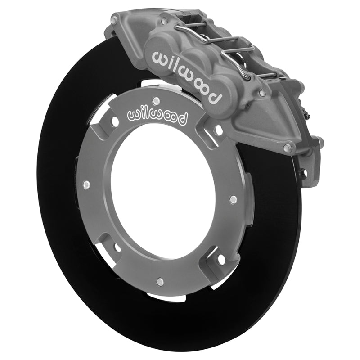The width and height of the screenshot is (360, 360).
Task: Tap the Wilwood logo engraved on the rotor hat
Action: [x=158, y=116]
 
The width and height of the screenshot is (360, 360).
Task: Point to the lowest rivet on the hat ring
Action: [x=159, y=282]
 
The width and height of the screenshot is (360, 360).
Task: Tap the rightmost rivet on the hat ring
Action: [x=233, y=198]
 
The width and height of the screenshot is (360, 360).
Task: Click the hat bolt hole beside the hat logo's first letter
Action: [x=114, y=121]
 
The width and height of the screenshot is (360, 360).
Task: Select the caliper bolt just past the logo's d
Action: [x=262, y=92]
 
